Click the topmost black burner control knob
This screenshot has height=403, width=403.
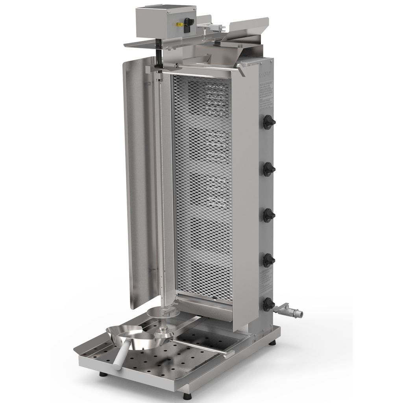coord(269,122)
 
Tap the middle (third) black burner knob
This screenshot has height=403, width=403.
coord(269,215)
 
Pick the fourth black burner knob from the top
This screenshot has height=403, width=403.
coord(269,260)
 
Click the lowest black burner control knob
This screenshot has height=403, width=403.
coord(269,304)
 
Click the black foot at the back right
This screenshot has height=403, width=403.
coord(272,343)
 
